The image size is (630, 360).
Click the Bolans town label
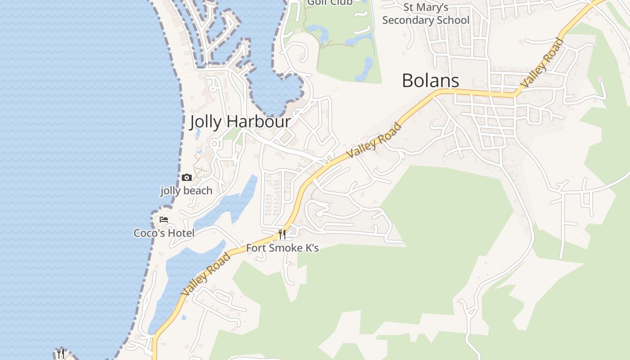click(430, 81)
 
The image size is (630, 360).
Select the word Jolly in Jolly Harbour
click(205, 122)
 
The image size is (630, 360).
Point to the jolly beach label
click(186, 191)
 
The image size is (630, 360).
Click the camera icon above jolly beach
click(186, 178)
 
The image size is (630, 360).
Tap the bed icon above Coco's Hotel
click(164, 220)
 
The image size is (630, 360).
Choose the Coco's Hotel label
click(164, 233)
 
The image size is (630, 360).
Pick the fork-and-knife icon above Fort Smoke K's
click(282, 234)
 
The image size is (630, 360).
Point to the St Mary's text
click(426, 7)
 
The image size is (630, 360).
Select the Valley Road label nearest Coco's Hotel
click(205, 274)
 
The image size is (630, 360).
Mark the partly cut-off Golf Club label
click(330, 3)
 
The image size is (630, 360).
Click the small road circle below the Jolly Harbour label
click(214, 144)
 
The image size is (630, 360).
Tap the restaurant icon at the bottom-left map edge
click(61, 353)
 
